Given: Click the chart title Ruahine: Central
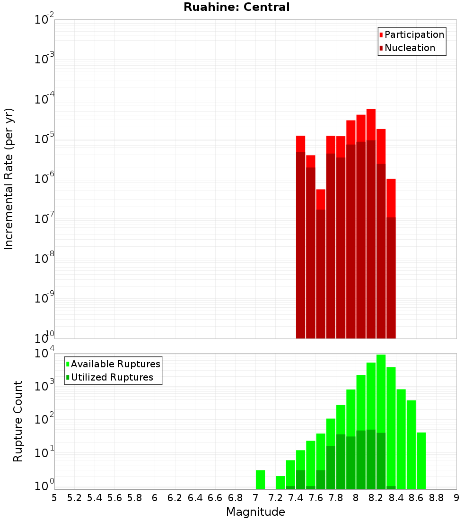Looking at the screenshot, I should [x=236, y=7].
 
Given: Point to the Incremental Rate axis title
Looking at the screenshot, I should [x=9, y=179].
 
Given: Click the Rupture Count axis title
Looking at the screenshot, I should [x=18, y=421].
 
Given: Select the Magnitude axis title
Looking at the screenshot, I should [x=255, y=512].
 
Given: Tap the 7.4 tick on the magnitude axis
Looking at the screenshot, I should [x=296, y=498].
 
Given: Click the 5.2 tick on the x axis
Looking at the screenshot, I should [x=74, y=498].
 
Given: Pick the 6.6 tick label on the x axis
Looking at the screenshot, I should [x=215, y=498].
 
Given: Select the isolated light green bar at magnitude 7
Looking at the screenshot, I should [x=260, y=479].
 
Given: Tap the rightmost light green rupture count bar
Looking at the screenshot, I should [x=421, y=460].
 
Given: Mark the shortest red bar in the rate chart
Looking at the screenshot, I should [x=321, y=199].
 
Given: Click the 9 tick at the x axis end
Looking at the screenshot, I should [x=456, y=498].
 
